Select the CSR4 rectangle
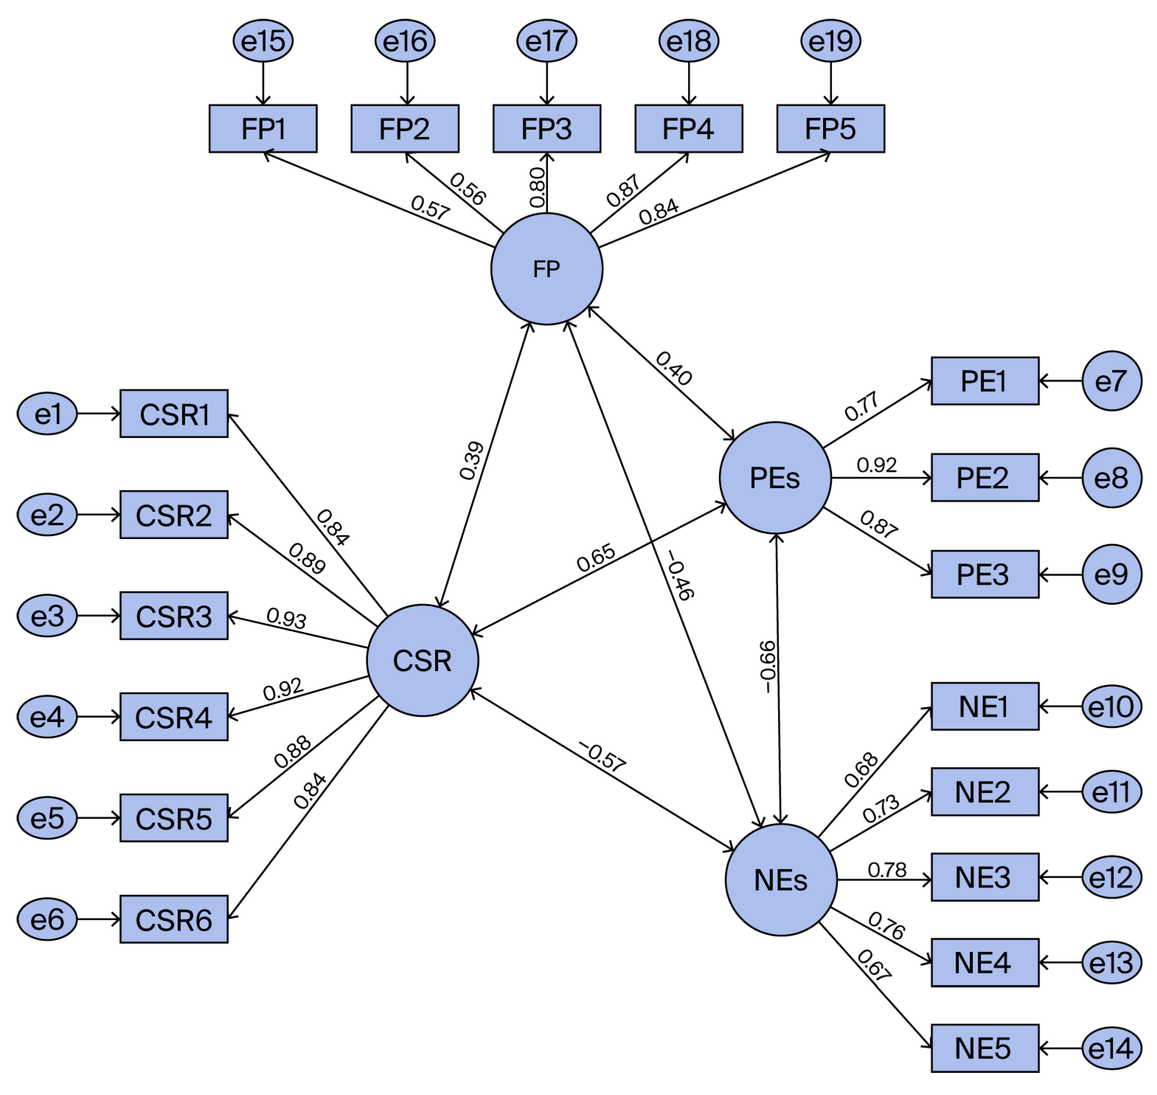tap(174, 717)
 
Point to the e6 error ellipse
tap(47, 919)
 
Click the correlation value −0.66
tap(768, 667)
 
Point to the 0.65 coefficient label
tap(595, 557)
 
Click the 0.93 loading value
tap(286, 618)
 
